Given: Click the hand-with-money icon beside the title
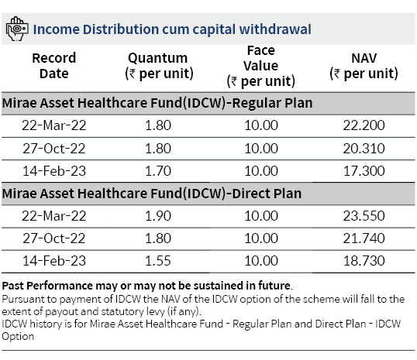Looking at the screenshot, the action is point(17,29).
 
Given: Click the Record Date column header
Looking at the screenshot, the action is point(54,66).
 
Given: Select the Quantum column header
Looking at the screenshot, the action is point(159,66).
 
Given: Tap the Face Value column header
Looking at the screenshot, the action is point(261,66).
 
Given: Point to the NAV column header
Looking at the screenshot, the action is point(364,66).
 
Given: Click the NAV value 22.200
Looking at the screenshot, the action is point(364,125).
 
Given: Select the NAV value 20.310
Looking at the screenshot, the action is point(364,148).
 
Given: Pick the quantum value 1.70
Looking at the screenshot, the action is point(158,171).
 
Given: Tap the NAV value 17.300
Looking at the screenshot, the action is point(364,171).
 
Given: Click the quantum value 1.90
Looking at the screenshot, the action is point(158,216).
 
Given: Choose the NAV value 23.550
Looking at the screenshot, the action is point(364,216).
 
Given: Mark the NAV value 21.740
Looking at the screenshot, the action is point(364,238).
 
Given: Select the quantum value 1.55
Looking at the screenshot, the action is point(158,261).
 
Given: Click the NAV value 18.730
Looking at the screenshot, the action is point(364,261).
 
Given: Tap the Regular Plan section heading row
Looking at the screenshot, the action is point(208,103).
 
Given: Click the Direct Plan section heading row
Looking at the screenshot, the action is point(208,194).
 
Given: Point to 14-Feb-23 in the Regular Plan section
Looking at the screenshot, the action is point(54,171).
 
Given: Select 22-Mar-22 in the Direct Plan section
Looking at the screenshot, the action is point(54,216).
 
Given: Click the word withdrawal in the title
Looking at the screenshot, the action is point(275,29).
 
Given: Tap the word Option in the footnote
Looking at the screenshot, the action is point(18,337).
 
